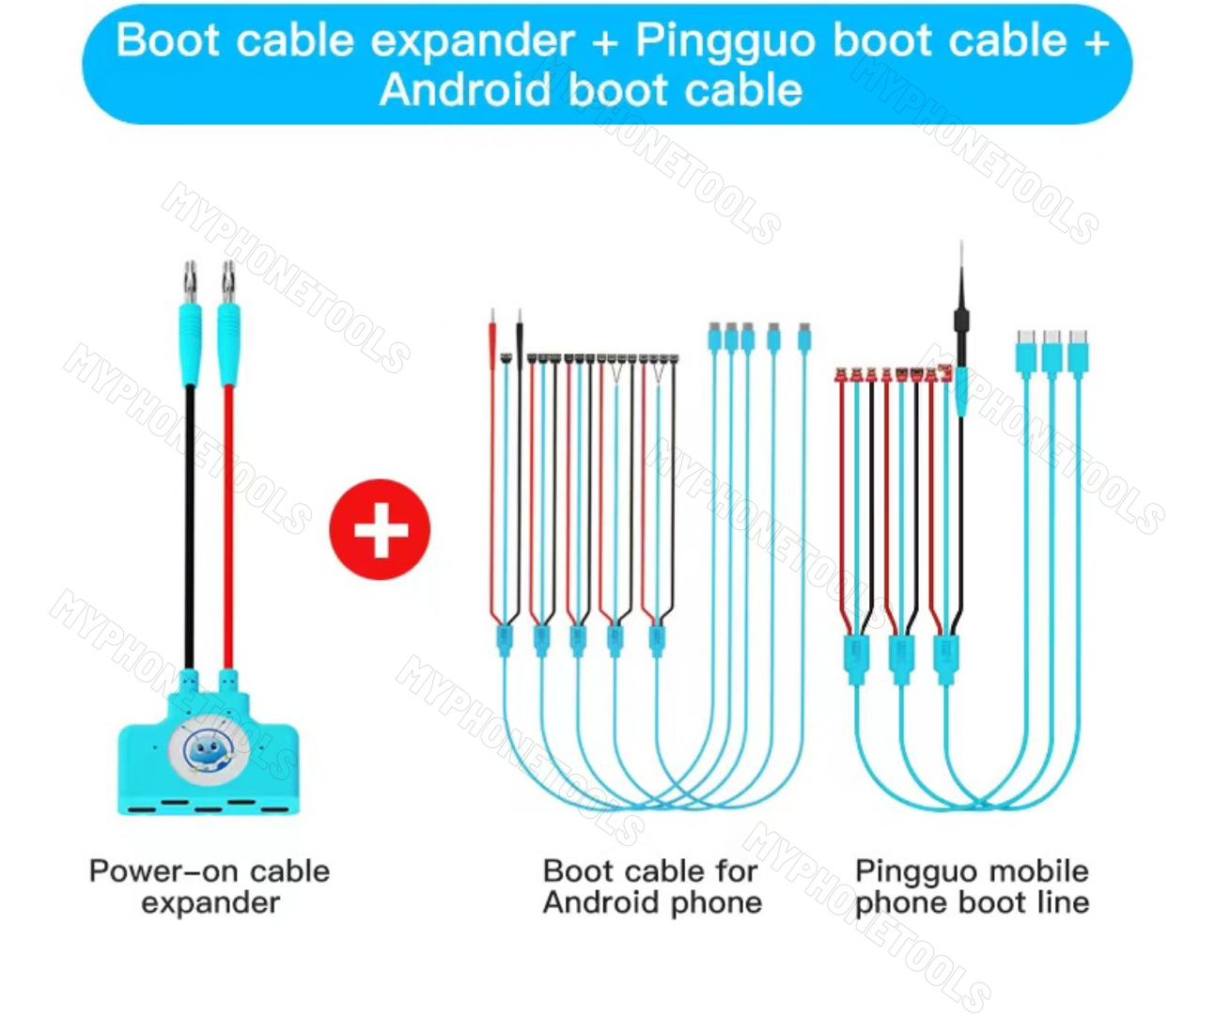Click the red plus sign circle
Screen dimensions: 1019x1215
pyautogui.click(x=380, y=529)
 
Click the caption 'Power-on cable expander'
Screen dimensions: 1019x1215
pyautogui.click(x=210, y=886)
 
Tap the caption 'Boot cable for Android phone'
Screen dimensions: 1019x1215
pyautogui.click(x=651, y=886)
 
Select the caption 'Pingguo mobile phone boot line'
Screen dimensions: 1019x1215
pyautogui.click(x=972, y=886)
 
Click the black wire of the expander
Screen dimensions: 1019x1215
pyautogui.click(x=189, y=526)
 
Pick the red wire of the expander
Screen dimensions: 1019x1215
pyautogui.click(x=228, y=526)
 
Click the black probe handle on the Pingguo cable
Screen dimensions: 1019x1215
pyautogui.click(x=960, y=324)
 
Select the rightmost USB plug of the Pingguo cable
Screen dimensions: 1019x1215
pyautogui.click(x=1078, y=352)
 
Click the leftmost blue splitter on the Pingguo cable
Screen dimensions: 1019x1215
pyautogui.click(x=856, y=658)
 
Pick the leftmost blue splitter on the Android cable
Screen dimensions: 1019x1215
pyautogui.click(x=504, y=640)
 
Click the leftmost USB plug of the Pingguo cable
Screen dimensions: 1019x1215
pyautogui.click(x=1025, y=352)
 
